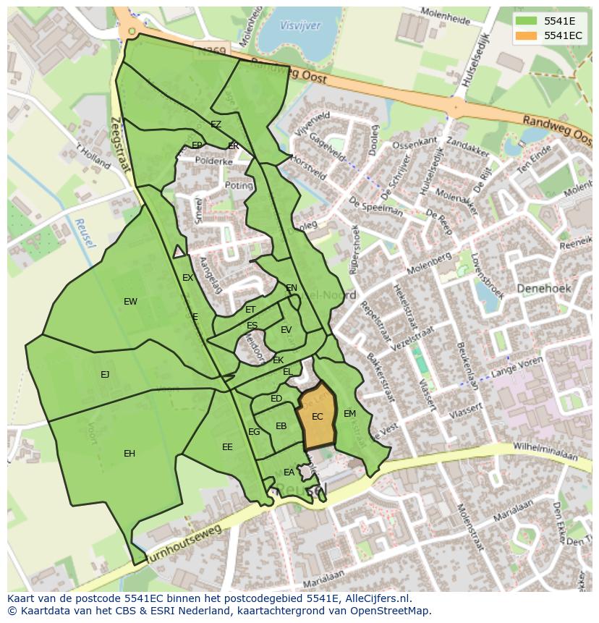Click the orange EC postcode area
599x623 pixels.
tap(318, 418)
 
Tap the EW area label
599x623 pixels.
tap(130, 302)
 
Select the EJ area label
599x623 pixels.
tap(105, 374)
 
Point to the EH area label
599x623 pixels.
tap(129, 454)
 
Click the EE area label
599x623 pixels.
tap(227, 447)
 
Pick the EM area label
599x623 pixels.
tap(349, 414)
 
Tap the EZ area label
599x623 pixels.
tap(216, 124)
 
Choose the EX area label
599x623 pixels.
tap(187, 278)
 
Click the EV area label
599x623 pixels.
tap(286, 330)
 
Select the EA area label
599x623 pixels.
tap(289, 472)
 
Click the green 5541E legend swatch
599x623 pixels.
tap(526, 21)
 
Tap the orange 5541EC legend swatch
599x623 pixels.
tap(526, 35)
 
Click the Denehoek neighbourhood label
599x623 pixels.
tap(544, 288)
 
